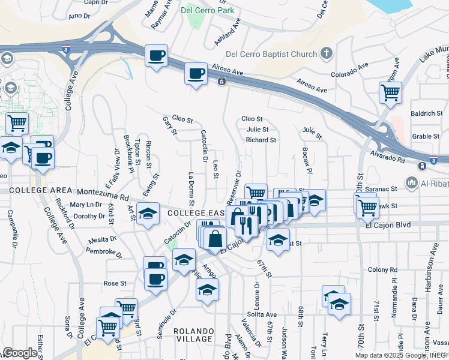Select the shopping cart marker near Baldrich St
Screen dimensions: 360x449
pyautogui.click(x=390, y=93)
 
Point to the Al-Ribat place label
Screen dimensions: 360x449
pyautogui.click(x=433, y=182)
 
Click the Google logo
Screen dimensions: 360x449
pyautogui.click(x=20, y=353)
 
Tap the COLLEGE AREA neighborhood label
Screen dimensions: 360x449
pyautogui.click(x=32, y=190)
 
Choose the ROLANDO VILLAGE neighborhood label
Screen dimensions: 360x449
pyautogui.click(x=193, y=336)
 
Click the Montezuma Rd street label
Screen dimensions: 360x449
pyautogui.click(x=107, y=196)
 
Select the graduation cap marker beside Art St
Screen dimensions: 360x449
pyautogui.click(x=148, y=214)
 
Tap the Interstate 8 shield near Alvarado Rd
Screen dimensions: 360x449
pyautogui.click(x=433, y=163)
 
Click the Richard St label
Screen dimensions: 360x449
pyautogui.click(x=261, y=140)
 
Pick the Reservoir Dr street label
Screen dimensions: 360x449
pyautogui.click(x=235, y=183)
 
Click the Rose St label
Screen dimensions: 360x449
pyautogui.click(x=115, y=283)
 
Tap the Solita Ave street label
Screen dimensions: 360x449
pyautogui.click(x=261, y=314)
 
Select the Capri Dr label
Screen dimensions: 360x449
pyautogui.click(x=95, y=2)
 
